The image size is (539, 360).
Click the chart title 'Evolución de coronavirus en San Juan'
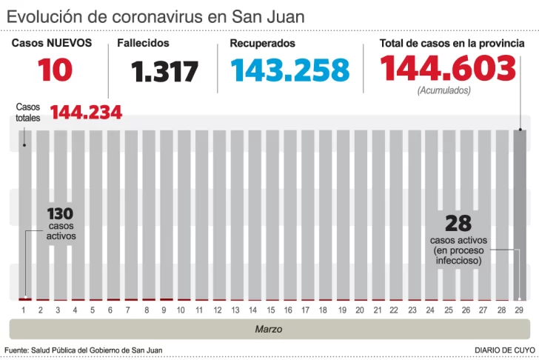(x=155, y=16)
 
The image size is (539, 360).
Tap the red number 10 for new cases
(x=56, y=70)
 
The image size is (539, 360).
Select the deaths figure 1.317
(x=164, y=72)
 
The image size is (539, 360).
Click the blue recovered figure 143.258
(x=289, y=70)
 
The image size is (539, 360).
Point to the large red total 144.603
(x=447, y=69)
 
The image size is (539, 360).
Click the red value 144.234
(x=86, y=113)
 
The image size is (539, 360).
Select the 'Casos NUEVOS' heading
(x=52, y=43)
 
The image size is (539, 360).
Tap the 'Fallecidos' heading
(x=143, y=44)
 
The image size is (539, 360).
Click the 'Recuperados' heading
(x=262, y=44)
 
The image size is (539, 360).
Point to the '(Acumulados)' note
(x=443, y=90)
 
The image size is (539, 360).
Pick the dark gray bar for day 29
(x=520, y=215)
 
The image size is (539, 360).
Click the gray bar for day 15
(x=271, y=215)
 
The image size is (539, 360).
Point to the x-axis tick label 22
(x=395, y=310)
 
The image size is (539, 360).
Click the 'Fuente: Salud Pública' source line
(x=83, y=350)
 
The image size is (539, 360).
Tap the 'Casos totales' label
(x=28, y=112)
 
